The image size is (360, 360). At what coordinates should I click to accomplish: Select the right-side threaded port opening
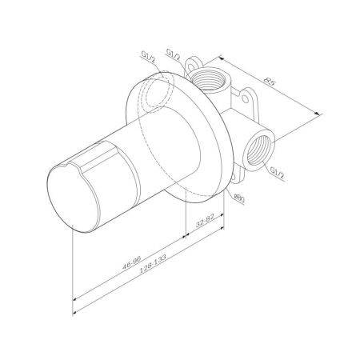pos(260,147)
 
